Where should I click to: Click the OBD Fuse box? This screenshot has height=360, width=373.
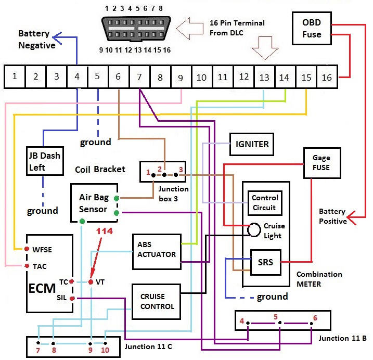point(312,29)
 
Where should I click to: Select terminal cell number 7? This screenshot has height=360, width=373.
point(139,76)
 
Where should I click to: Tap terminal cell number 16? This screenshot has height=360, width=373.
point(327,76)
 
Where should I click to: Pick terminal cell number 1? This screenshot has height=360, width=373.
point(15,76)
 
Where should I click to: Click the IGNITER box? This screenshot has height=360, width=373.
point(252,144)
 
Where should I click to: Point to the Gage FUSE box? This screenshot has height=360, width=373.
point(321,162)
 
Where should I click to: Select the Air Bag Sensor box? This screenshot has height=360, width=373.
point(94,203)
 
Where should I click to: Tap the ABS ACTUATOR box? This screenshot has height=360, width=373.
point(156,250)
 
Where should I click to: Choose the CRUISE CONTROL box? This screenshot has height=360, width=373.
point(156,301)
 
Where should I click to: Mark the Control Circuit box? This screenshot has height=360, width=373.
point(265,203)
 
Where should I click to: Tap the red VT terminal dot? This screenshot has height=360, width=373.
point(91,282)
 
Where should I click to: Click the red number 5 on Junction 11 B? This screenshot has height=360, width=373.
point(276,316)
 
